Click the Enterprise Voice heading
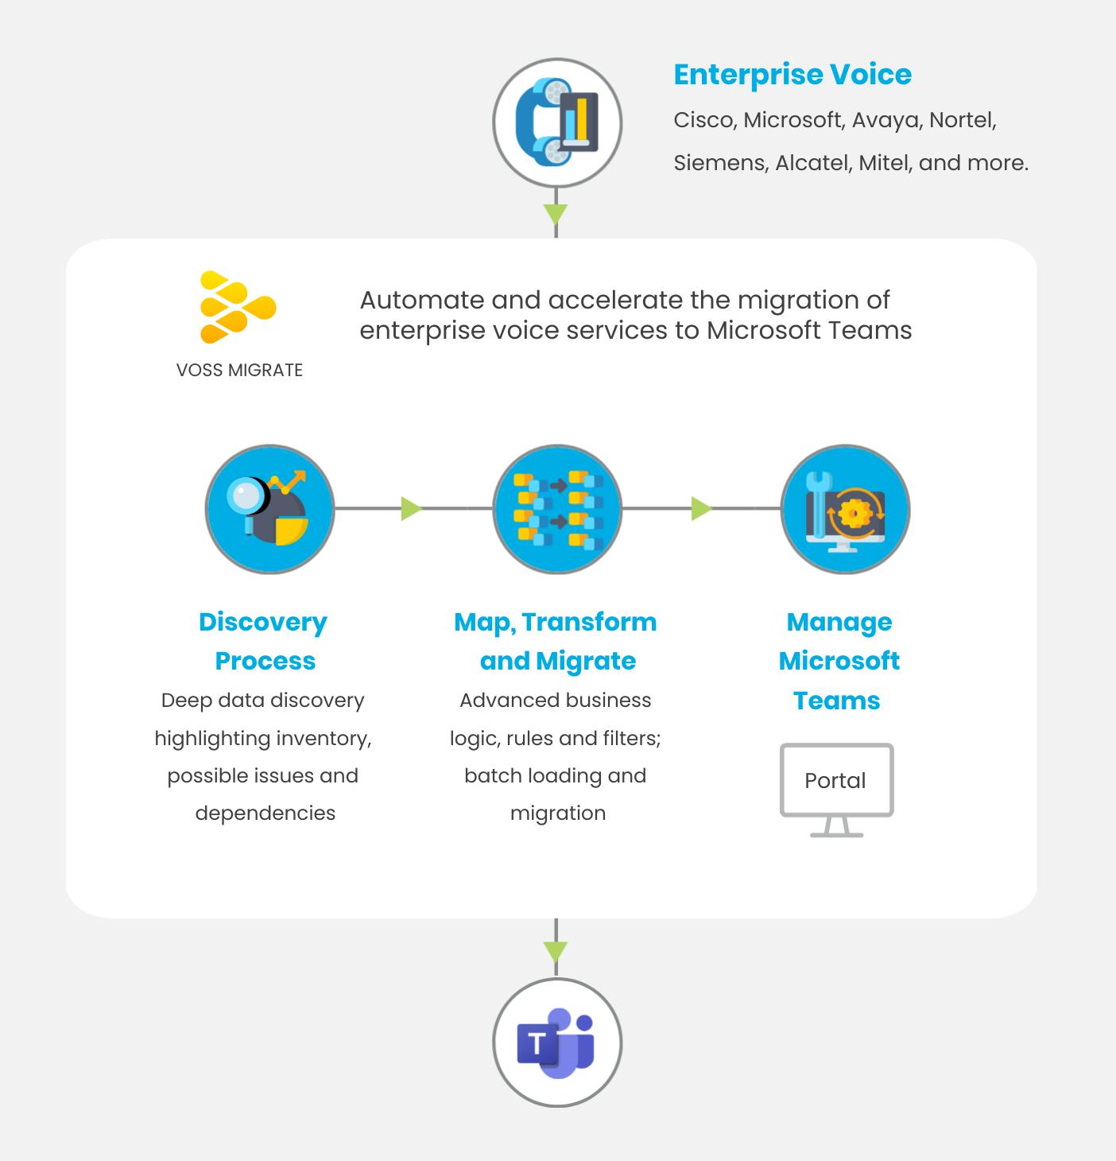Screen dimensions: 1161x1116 click(x=792, y=75)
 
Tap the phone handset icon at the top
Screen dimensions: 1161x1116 click(x=556, y=122)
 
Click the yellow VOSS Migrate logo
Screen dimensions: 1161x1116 click(x=238, y=308)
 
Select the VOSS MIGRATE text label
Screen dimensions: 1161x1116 click(x=239, y=371)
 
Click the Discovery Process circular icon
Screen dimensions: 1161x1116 click(x=269, y=509)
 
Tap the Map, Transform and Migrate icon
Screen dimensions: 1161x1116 click(x=557, y=509)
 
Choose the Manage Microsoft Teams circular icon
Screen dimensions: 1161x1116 click(x=845, y=509)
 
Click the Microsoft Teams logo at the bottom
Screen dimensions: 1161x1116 click(x=556, y=1043)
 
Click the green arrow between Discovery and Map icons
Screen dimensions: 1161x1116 click(x=411, y=509)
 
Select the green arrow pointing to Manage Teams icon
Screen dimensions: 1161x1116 click(x=700, y=509)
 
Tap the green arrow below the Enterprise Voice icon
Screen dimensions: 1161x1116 click(x=556, y=214)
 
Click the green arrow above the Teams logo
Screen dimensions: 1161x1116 click(x=556, y=951)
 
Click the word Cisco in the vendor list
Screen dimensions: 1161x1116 click(x=703, y=120)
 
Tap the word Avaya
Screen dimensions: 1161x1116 click(x=885, y=120)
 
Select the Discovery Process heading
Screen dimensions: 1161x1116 click(x=264, y=641)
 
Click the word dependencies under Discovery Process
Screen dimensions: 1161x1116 click(x=265, y=813)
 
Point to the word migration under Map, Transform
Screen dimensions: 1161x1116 click(x=558, y=813)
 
